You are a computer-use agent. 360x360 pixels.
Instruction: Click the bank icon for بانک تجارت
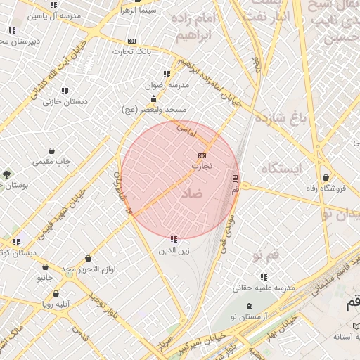pyautogui.click(x=132, y=41)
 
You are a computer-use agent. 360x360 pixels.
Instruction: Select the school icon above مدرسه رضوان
pyautogui.click(x=167, y=74)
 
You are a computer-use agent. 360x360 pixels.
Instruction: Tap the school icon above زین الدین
pyautogui.click(x=174, y=240)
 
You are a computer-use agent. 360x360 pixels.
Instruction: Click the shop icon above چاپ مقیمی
pyautogui.click(x=52, y=150)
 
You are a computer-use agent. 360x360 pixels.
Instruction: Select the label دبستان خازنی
pyautogui.click(x=65, y=101)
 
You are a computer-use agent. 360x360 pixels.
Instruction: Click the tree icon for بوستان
pyautogui.click(x=7, y=174)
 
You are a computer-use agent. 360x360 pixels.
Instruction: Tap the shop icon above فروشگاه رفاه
pyautogui.click(x=325, y=177)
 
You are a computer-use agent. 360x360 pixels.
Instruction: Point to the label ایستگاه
pyautogui.click(x=281, y=168)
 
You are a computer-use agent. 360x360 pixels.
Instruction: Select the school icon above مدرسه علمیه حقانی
pyautogui.click(x=264, y=277)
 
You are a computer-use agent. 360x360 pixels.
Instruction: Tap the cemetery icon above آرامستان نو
pyautogui.click(x=250, y=307)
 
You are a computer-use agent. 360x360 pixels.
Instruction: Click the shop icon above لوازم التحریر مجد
pyautogui.click(x=88, y=258)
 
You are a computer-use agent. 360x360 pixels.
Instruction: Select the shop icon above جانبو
pyautogui.click(x=46, y=267)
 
